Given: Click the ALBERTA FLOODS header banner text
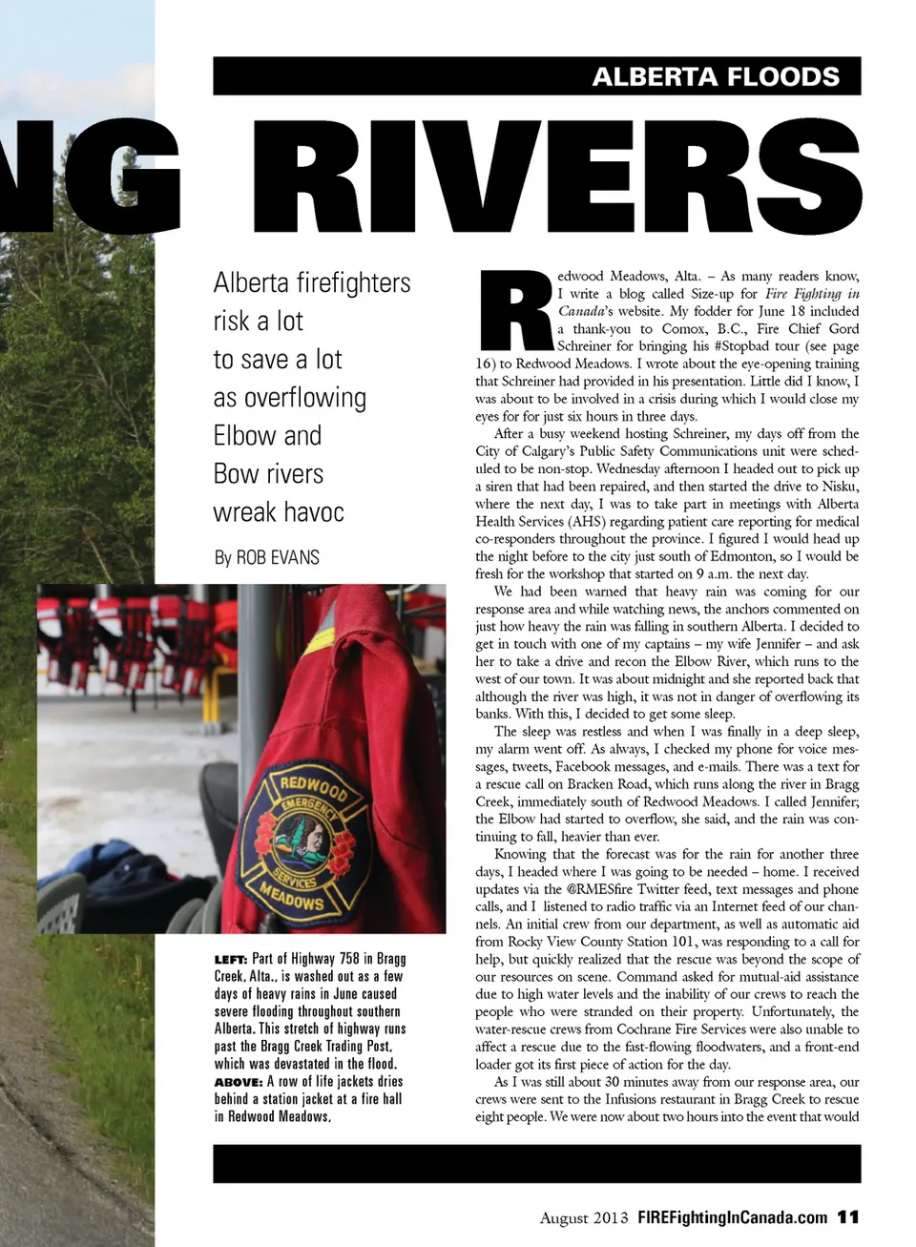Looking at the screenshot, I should click(716, 76).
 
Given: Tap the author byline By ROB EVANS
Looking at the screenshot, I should click(267, 557).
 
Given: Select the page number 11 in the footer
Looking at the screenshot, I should click(848, 1216).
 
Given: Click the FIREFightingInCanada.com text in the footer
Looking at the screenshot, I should click(733, 1216).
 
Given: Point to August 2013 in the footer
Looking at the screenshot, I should click(583, 1217).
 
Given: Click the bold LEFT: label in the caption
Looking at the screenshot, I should click(231, 959).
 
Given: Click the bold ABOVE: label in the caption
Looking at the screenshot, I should click(238, 1082).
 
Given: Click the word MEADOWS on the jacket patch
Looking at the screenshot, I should click(290, 896).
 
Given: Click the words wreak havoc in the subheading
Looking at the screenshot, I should click(279, 512).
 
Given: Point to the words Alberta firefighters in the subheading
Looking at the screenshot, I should click(312, 283).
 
